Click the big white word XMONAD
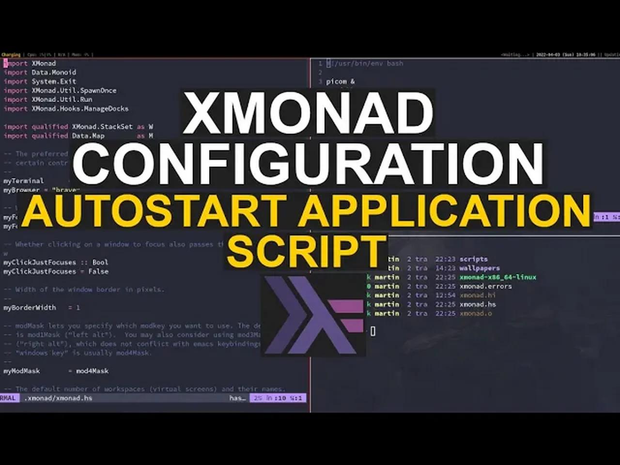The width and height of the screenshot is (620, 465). (x=308, y=115)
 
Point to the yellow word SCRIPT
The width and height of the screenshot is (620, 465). (x=307, y=250)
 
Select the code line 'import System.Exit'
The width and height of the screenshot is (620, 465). (x=40, y=81)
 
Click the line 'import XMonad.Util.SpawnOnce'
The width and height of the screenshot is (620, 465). (x=60, y=91)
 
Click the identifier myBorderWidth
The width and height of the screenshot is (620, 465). (x=30, y=308)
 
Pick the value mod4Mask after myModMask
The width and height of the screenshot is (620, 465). (x=92, y=371)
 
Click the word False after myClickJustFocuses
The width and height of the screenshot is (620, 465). (x=98, y=271)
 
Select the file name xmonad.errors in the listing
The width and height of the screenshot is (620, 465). (x=485, y=286)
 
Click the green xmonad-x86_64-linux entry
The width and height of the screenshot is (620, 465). (x=497, y=277)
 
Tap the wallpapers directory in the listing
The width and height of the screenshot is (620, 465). (x=480, y=268)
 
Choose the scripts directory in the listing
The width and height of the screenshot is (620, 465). (x=473, y=259)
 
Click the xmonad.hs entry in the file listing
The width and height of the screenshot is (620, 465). (x=478, y=304)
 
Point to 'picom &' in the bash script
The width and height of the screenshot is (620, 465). (x=340, y=81)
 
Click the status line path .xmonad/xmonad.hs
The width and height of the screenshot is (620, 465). (x=58, y=398)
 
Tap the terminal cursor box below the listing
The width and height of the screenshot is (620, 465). (x=373, y=331)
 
